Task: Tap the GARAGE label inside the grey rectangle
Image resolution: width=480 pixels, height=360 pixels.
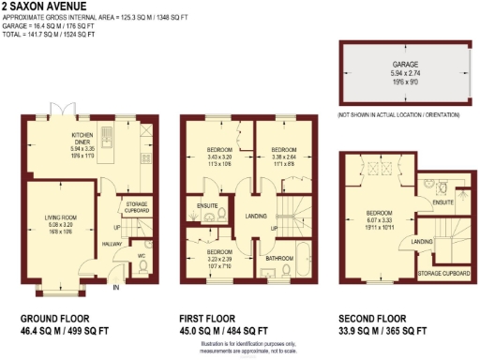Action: [406, 65]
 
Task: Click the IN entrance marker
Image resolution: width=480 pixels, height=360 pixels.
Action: [116, 287]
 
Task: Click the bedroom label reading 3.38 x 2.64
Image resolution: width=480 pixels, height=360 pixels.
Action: [283, 158]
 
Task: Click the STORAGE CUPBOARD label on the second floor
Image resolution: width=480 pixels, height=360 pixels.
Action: [442, 275]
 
